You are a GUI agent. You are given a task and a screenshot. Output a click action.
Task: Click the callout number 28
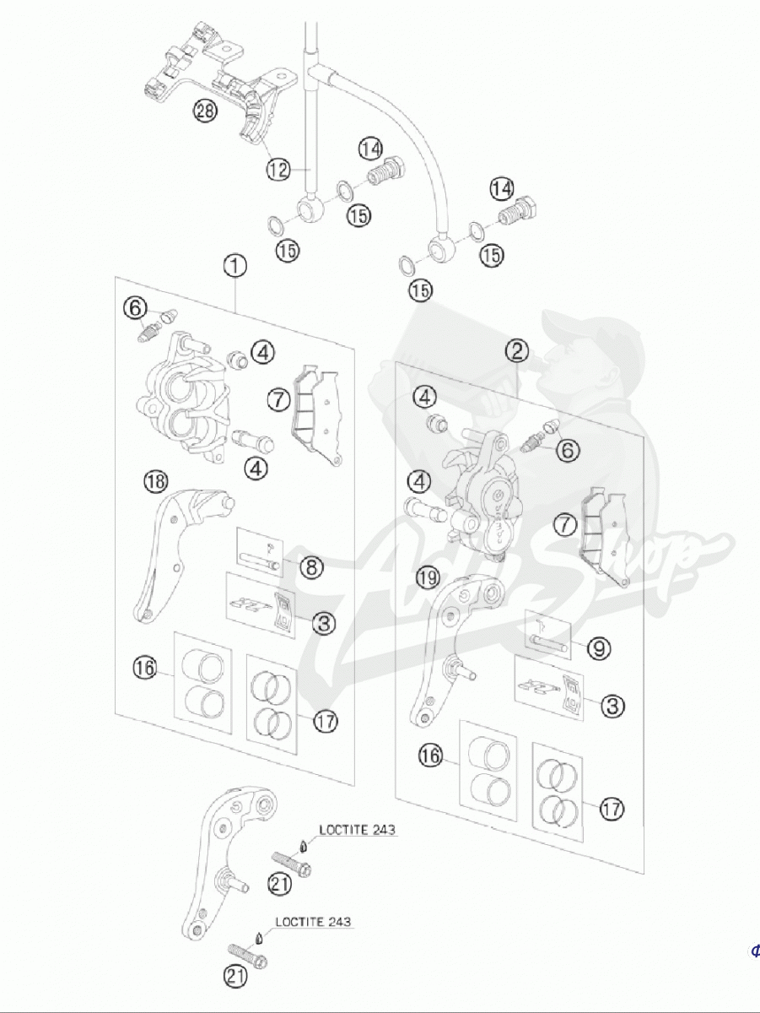tap(205, 111)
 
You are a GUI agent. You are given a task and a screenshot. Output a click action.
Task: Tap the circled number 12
tap(279, 169)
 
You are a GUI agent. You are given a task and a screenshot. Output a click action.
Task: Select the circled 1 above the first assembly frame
tap(235, 266)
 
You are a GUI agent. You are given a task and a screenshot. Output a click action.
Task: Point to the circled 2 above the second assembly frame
tap(517, 350)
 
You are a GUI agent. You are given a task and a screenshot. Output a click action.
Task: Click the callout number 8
tap(312, 566)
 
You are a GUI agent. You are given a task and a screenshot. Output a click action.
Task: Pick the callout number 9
tap(599, 648)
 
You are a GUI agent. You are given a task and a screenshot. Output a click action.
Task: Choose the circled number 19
tap(429, 578)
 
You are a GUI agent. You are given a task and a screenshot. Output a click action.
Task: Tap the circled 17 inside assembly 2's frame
tap(612, 809)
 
